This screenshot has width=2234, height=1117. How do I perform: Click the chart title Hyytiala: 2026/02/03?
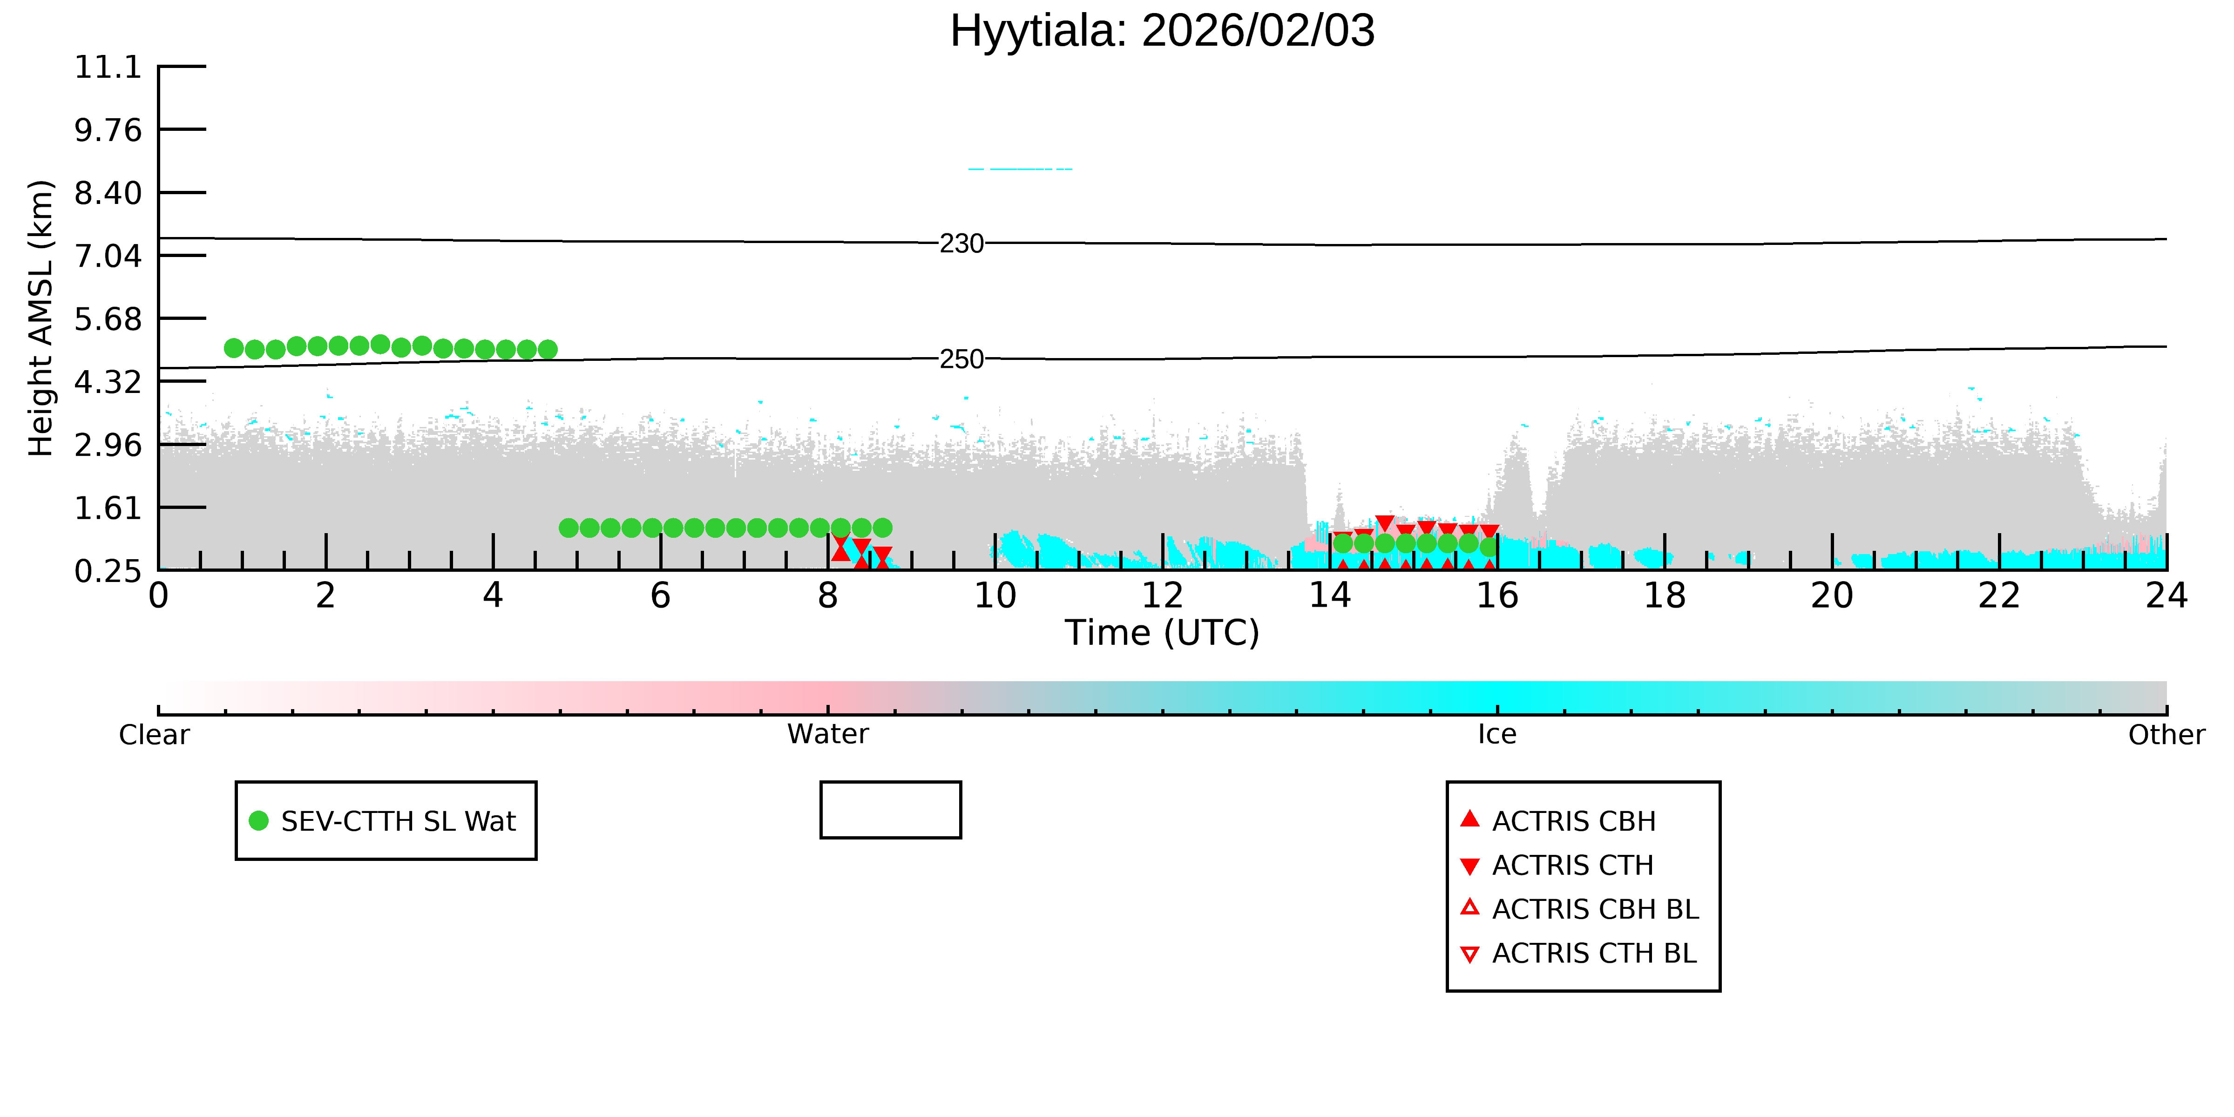pyautogui.click(x=1162, y=31)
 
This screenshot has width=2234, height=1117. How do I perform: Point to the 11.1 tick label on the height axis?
pyautogui.click(x=108, y=67)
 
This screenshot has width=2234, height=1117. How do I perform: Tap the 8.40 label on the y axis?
pyautogui.click(x=108, y=192)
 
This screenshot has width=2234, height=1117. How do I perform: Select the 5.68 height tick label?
pyautogui.click(x=108, y=319)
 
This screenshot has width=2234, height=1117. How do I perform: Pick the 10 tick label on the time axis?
pyautogui.click(x=995, y=596)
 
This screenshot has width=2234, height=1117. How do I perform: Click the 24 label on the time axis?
pyautogui.click(x=2166, y=596)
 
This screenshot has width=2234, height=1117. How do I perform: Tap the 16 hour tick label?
pyautogui.click(x=1497, y=596)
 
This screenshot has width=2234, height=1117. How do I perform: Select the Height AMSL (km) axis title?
pyautogui.click(x=41, y=318)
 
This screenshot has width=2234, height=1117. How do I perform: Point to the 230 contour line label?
pyautogui.click(x=962, y=244)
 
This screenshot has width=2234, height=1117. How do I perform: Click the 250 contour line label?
pyautogui.click(x=962, y=359)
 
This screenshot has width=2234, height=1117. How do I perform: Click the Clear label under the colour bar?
pyautogui.click(x=155, y=735)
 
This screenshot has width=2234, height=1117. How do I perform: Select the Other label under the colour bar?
pyautogui.click(x=2166, y=735)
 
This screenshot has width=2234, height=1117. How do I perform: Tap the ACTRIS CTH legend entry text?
pyautogui.click(x=1572, y=865)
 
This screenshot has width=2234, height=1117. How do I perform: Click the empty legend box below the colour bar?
pyautogui.click(x=891, y=783)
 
